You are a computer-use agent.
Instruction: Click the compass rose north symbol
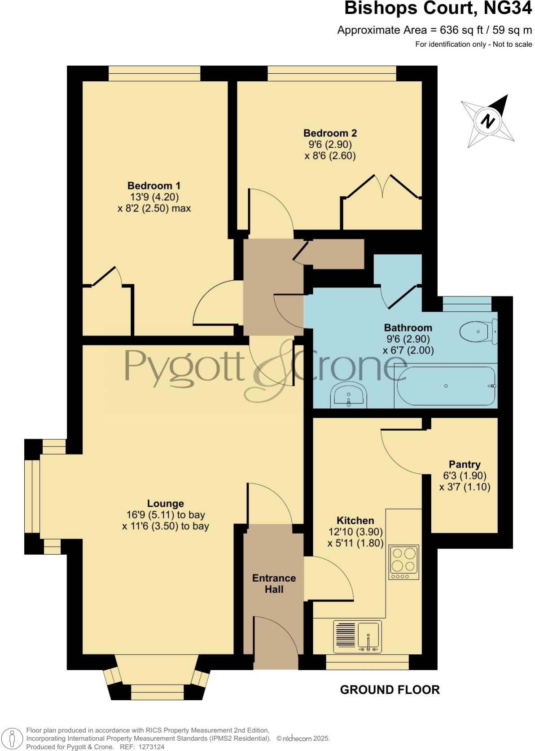point(487,121)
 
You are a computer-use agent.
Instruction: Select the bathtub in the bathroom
point(446,386)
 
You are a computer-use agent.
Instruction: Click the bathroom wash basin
point(349,395)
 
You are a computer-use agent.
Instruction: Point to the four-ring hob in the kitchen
point(403,561)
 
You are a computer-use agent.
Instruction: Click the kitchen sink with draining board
point(358,636)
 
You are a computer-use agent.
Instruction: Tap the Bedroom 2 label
point(330,133)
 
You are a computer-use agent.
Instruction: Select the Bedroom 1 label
point(154,186)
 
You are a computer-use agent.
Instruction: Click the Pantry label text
point(465,464)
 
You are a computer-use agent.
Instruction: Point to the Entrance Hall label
point(274,583)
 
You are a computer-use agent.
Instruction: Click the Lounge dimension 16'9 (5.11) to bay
point(166,515)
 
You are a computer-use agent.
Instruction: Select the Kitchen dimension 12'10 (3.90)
point(355,532)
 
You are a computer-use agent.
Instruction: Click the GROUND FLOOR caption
point(390,689)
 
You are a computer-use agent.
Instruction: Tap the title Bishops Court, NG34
point(438,9)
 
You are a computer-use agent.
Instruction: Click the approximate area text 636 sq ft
point(434,30)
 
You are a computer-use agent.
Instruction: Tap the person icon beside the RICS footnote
point(13,738)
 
